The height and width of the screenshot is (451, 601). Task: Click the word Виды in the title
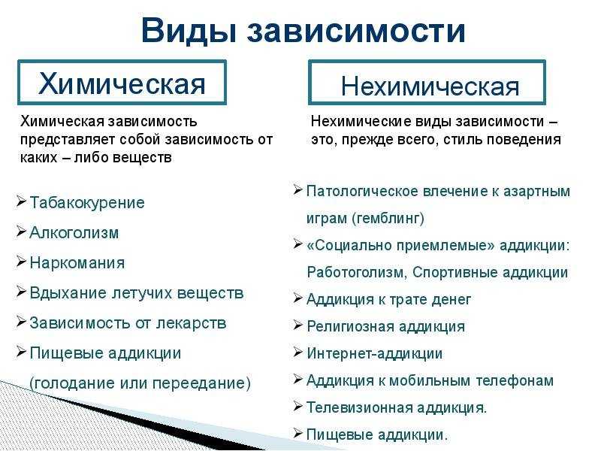[x=189, y=31]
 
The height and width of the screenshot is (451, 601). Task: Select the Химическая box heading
[x=122, y=83]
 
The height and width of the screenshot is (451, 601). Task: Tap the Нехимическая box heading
[x=430, y=86]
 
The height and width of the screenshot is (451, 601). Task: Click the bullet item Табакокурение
[x=87, y=202]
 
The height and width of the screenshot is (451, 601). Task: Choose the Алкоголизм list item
[x=74, y=232]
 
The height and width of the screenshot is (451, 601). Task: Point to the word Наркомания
[x=77, y=262]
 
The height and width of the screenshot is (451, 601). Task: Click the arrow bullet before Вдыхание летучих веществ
[x=21, y=292]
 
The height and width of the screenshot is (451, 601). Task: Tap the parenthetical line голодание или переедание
[x=140, y=383]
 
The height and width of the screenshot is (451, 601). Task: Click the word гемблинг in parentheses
[x=388, y=218]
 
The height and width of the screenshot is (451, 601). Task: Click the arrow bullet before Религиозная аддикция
[x=297, y=325]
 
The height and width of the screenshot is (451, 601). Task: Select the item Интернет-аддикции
[x=374, y=353]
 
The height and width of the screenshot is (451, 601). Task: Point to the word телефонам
[x=515, y=380]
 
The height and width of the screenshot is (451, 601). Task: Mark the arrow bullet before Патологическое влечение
[x=297, y=190]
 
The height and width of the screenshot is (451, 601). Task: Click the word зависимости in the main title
[x=356, y=31]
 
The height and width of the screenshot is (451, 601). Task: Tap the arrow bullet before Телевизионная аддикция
[x=297, y=406]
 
